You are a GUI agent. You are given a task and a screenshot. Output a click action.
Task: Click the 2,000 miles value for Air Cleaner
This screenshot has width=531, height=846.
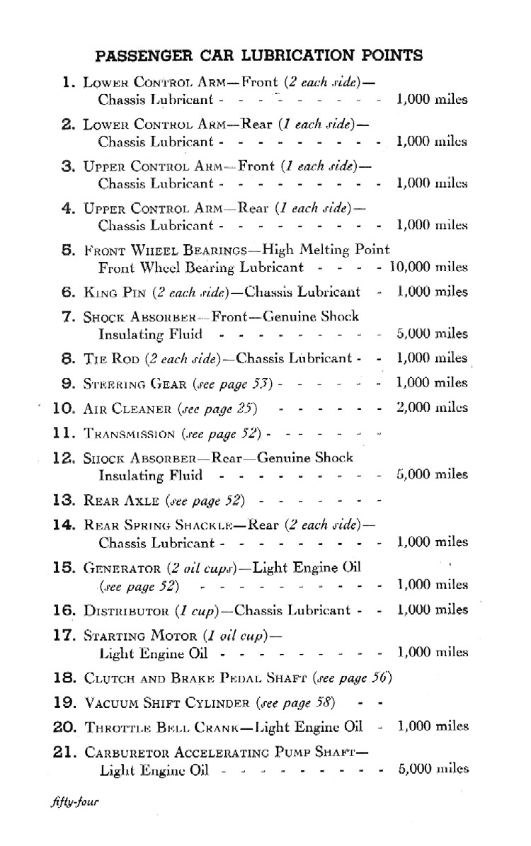click(432, 408)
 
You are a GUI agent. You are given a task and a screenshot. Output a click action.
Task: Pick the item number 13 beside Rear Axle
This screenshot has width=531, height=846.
click(64, 501)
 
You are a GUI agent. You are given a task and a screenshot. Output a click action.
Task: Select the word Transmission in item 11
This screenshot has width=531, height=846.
click(129, 433)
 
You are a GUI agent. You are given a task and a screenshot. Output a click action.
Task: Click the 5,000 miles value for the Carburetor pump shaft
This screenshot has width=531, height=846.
click(432, 769)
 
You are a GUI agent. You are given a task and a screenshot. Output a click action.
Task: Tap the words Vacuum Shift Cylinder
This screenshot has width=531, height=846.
click(166, 704)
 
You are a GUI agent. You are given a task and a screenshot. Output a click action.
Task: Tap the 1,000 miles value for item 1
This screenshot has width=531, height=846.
click(432, 99)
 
